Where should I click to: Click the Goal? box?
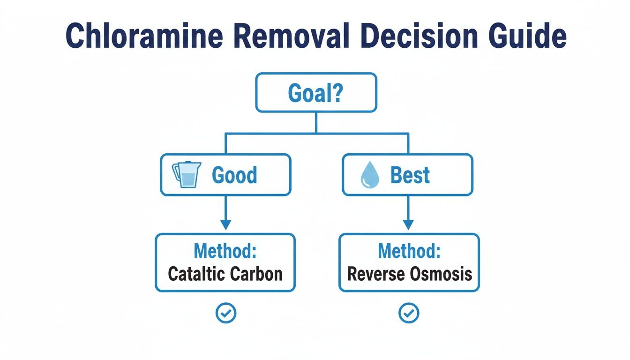click(315, 93)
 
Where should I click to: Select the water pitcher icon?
click(187, 175)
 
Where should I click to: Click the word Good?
click(234, 175)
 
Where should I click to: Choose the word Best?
click(410, 175)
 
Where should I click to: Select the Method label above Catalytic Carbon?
click(225, 251)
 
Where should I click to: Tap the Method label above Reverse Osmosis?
click(409, 251)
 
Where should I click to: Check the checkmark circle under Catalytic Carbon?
click(225, 313)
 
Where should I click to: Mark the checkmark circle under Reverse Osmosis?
click(408, 313)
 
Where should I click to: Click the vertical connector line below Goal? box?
click(315, 123)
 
